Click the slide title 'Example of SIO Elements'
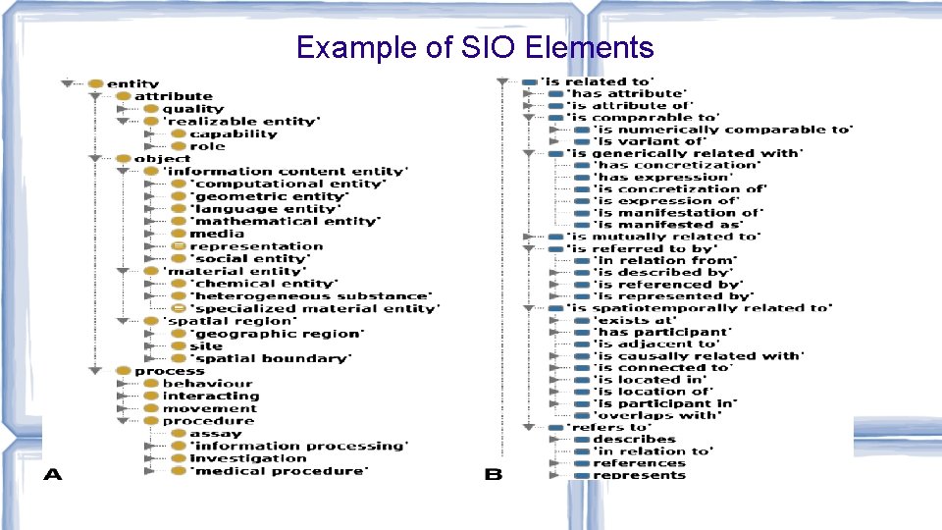(474, 47)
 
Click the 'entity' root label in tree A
(132, 83)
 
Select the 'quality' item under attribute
(192, 109)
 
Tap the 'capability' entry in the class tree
(233, 133)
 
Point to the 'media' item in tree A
(217, 234)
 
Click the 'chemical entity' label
(265, 284)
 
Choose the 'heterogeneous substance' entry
(311, 296)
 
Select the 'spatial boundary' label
(270, 358)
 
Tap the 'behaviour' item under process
(207, 384)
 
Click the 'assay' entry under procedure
(215, 434)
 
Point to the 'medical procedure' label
(278, 471)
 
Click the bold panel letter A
(53, 475)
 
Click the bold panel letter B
(494, 475)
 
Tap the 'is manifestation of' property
(677, 213)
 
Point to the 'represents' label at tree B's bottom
(639, 475)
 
